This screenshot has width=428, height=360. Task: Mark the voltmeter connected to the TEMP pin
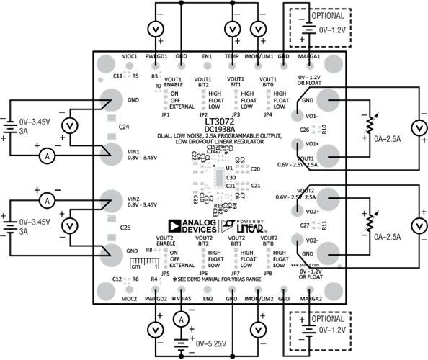[x=232, y=29]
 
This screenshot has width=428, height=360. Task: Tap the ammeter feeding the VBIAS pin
[x=183, y=318]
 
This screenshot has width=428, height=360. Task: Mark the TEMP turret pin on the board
[x=232, y=56]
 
